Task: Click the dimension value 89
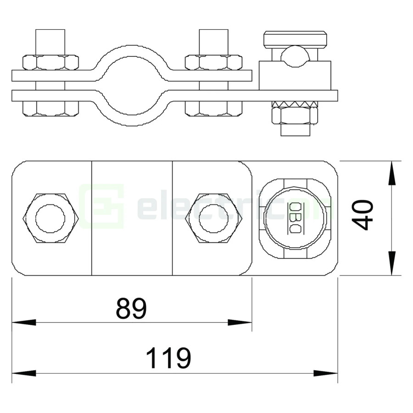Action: click(131, 308)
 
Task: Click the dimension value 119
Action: click(168, 358)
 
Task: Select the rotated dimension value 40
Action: click(363, 215)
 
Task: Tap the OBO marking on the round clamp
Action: click(295, 218)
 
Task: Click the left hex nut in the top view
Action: click(50, 218)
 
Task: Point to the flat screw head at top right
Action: click(295, 39)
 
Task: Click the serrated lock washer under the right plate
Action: click(295, 104)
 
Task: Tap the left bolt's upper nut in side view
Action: click(50, 62)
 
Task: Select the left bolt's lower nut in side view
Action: click(50, 108)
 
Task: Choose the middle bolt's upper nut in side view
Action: click(213, 62)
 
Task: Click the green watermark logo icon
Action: click(102, 206)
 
